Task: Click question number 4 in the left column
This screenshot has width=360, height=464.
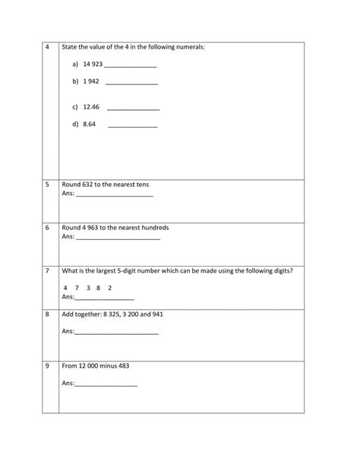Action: [x=47, y=47]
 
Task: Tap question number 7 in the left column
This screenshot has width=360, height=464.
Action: [x=47, y=270]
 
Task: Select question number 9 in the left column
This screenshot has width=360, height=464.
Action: [x=47, y=365]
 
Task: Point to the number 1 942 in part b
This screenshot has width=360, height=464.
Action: [x=92, y=80]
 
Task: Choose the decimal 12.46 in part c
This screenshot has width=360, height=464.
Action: [x=91, y=107]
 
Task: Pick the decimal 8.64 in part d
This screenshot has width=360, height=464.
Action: [x=90, y=123]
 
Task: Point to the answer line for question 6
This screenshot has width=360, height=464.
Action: [x=118, y=239]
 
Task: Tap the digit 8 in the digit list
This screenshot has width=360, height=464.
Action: [x=99, y=288]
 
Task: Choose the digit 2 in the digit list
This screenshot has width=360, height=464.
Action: [x=110, y=288]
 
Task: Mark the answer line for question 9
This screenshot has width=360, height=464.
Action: [x=106, y=386]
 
